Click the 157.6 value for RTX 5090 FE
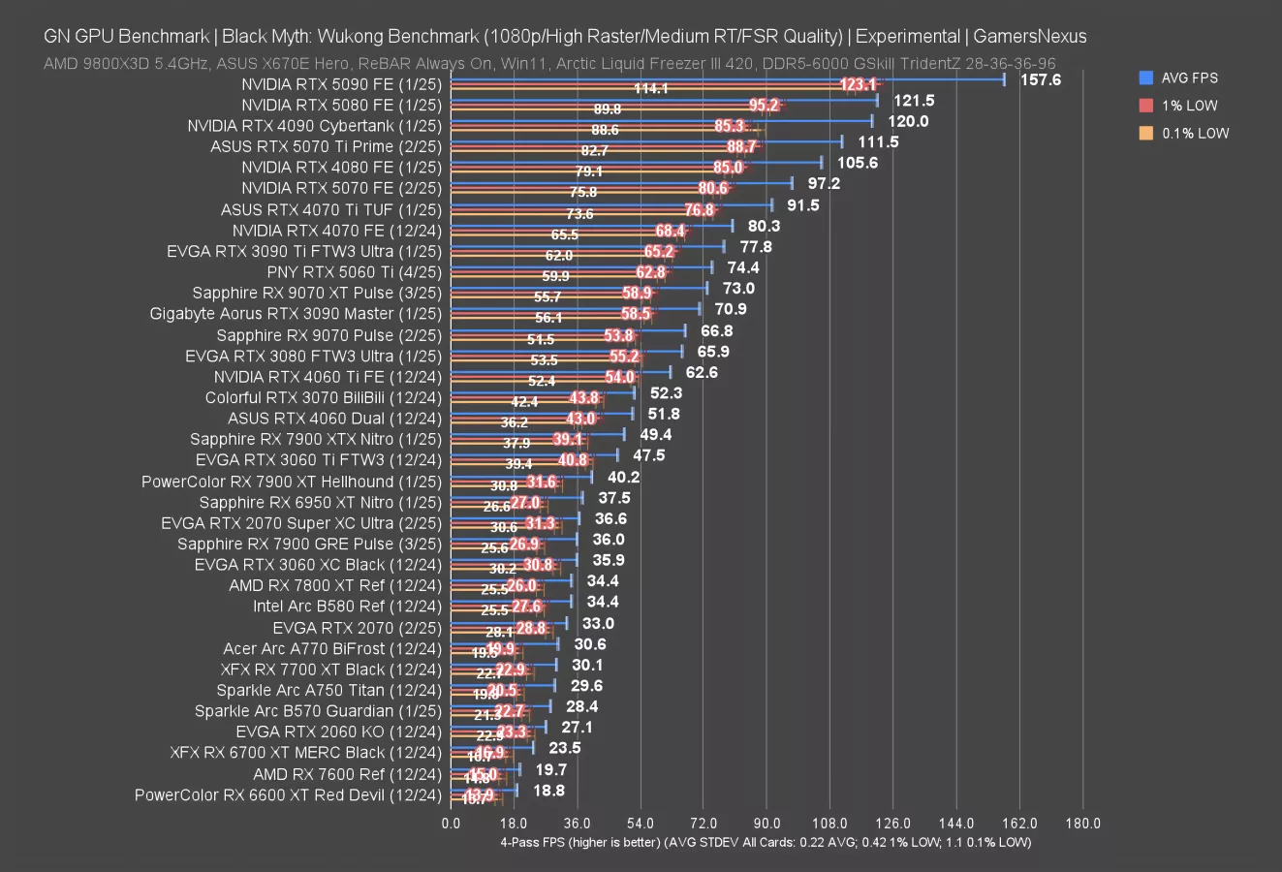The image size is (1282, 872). click(x=1041, y=79)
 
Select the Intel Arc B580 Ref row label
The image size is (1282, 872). click(x=347, y=607)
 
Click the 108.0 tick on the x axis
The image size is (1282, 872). click(x=829, y=824)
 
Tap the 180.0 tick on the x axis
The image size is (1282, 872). click(x=1082, y=824)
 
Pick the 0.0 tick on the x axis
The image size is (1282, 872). click(x=451, y=824)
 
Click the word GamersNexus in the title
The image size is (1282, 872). click(x=1029, y=37)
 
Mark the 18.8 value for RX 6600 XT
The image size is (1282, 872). click(x=548, y=791)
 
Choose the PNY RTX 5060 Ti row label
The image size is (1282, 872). click(x=354, y=272)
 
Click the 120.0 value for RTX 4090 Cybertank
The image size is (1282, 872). click(x=908, y=121)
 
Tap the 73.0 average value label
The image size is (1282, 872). click(x=738, y=288)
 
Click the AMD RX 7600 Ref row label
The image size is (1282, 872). click(x=347, y=774)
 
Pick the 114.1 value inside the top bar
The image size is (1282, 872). click(x=650, y=89)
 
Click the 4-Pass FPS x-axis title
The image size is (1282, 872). click(x=766, y=842)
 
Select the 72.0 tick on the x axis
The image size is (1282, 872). click(x=704, y=824)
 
